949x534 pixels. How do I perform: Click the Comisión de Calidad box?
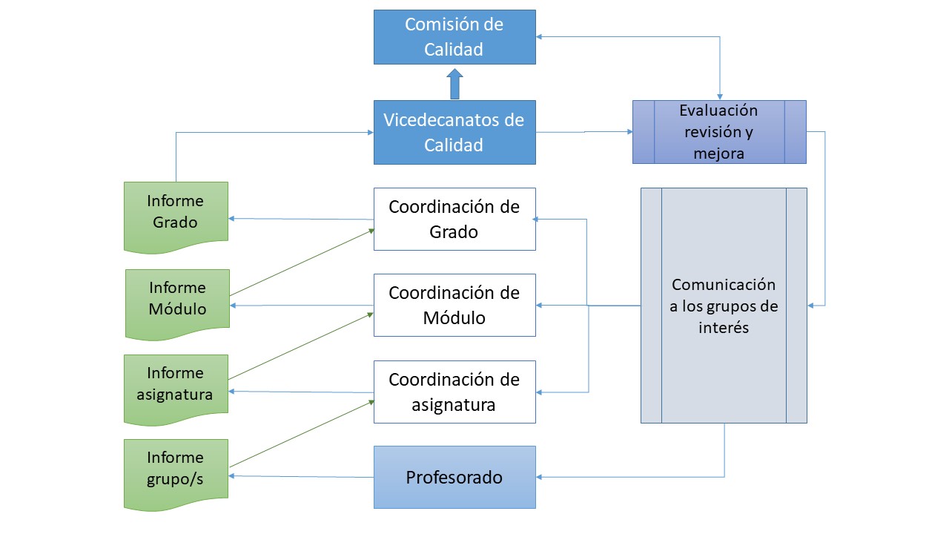tap(454, 36)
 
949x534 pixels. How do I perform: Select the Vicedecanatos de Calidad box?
tap(454, 132)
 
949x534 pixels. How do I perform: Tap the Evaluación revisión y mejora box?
tap(718, 132)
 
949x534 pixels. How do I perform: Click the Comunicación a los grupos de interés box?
tap(724, 306)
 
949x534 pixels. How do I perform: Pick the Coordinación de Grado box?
tap(454, 219)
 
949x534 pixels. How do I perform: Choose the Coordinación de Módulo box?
tap(454, 305)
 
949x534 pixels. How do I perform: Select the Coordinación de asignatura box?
tap(454, 392)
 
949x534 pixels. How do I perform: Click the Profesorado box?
tap(454, 477)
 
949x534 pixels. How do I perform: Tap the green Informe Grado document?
tap(176, 211)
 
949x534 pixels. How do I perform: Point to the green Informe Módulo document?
tap(177, 298)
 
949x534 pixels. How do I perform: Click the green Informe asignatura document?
tap(176, 383)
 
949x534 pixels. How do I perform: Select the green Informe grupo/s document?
tap(176, 469)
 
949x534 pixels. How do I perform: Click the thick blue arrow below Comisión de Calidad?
tap(454, 84)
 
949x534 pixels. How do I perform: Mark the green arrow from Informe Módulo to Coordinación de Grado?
tap(301, 263)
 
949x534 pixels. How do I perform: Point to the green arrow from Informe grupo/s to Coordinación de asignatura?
tap(301, 434)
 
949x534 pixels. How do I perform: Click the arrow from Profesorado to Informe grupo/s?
tap(301, 477)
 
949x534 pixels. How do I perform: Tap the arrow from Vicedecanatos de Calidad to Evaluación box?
tap(584, 132)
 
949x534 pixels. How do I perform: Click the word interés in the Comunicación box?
tap(724, 327)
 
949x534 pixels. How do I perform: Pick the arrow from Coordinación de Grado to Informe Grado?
tap(301, 219)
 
